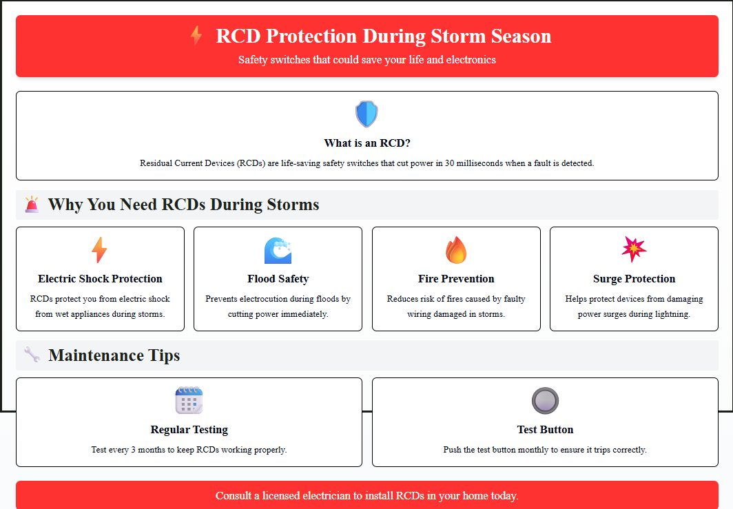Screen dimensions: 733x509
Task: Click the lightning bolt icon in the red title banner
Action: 196,36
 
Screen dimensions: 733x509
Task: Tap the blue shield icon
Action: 366,114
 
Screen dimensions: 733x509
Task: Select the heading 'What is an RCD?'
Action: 367,143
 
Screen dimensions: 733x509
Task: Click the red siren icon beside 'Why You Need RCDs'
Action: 32,205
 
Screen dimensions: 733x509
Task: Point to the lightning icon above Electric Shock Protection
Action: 100,250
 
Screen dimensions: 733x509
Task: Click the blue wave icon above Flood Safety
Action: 278,251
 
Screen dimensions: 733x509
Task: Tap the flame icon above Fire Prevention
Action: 456,250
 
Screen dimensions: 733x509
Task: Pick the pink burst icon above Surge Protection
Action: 634,249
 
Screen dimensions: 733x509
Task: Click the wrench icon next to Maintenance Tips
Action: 32,354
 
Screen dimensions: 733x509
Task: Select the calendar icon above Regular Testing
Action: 189,400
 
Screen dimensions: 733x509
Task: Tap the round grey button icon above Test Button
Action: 545,401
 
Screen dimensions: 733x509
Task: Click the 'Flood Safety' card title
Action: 278,279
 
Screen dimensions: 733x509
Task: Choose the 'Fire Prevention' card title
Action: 456,279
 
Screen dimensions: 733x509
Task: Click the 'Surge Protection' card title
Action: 634,279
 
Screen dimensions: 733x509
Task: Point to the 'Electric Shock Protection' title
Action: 100,279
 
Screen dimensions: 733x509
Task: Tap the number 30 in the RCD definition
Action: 449,163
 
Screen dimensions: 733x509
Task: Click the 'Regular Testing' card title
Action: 189,430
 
